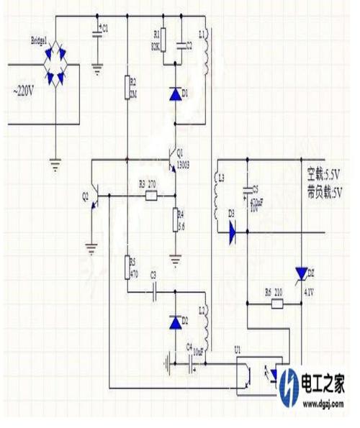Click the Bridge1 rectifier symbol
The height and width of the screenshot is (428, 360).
[x=60, y=64]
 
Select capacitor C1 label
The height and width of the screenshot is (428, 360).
[x=104, y=28]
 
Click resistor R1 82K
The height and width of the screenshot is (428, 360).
[x=162, y=40]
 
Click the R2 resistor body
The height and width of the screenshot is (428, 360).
[x=127, y=87]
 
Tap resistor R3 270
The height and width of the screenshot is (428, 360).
[x=150, y=195]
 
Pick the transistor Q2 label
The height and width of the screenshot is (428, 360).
[x=85, y=194]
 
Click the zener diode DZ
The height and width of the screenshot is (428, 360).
[x=301, y=273]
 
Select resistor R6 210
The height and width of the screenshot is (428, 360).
[x=274, y=304]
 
